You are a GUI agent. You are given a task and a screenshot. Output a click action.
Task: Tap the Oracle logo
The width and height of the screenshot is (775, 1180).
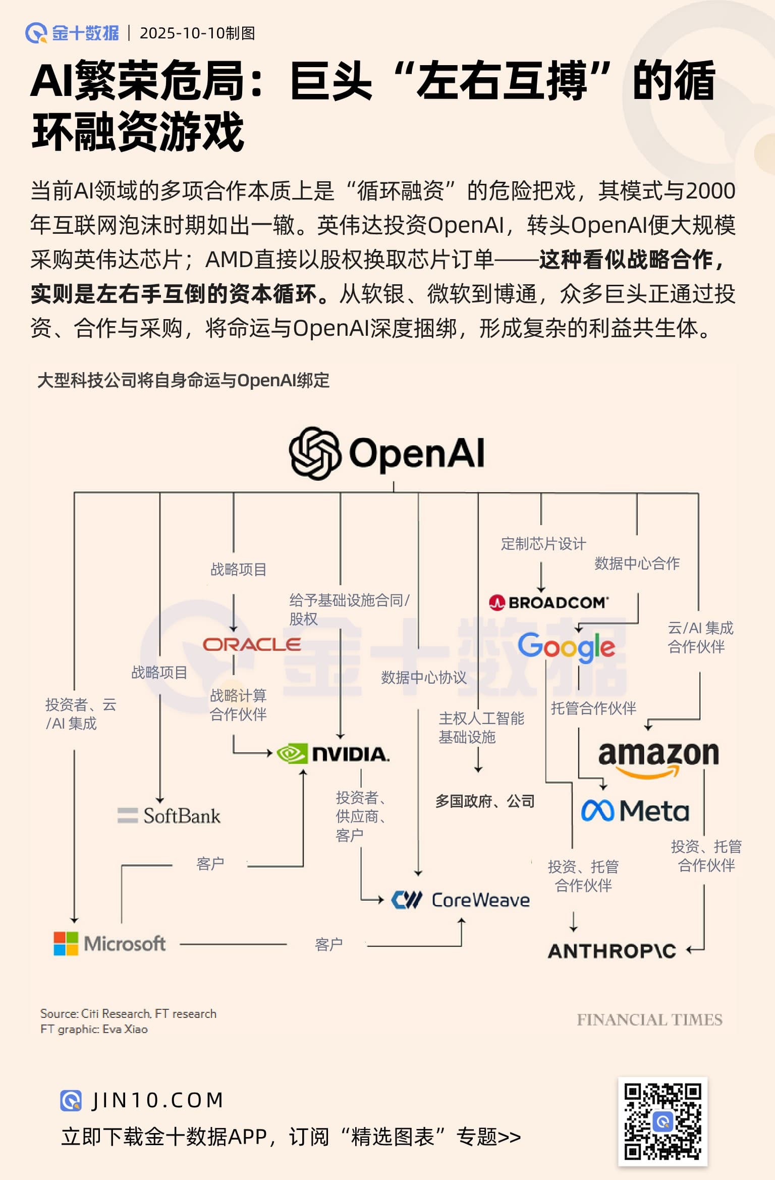(252, 644)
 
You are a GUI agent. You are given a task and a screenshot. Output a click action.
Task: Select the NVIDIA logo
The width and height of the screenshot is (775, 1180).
(334, 754)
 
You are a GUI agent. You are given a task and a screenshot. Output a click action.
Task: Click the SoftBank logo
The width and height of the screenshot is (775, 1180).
(169, 815)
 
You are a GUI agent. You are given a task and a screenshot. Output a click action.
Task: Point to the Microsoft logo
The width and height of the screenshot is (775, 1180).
(110, 943)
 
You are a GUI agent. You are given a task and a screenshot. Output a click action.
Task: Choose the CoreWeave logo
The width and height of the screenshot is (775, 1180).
(461, 900)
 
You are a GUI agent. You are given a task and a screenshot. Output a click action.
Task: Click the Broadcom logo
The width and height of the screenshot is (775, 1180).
(549, 602)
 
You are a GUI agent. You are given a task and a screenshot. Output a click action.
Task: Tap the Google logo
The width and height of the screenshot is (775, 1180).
(566, 646)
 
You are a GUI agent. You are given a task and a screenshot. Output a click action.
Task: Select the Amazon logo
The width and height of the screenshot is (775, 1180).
(658, 757)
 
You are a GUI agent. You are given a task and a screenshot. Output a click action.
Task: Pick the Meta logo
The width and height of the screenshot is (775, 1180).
(635, 811)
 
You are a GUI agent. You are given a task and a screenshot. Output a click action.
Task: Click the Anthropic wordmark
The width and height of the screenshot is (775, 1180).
(612, 951)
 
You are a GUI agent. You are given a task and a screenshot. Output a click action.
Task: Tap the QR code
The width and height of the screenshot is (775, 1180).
(662, 1121)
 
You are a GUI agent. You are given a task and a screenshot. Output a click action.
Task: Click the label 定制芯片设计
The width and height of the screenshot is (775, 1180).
(543, 544)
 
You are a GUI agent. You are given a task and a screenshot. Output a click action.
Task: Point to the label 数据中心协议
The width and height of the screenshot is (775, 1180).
(424, 678)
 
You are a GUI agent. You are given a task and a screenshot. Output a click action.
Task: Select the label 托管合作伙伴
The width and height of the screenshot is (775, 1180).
(593, 708)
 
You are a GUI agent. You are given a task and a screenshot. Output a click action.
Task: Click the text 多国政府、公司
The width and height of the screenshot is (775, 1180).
(485, 801)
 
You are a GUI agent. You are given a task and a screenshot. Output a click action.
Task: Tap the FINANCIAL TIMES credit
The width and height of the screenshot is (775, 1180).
(649, 1019)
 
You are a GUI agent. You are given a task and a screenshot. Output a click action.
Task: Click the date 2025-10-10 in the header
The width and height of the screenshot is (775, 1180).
(182, 33)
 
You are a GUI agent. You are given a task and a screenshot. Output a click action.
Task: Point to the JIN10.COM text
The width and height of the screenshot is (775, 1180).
(157, 1100)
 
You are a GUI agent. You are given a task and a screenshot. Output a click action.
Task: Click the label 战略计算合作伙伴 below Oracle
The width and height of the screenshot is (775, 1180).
(238, 705)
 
